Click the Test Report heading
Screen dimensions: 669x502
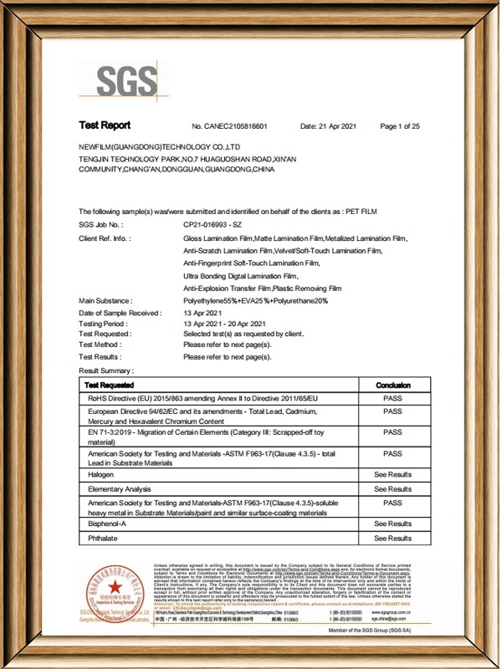click(x=105, y=125)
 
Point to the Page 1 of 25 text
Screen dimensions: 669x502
click(x=400, y=126)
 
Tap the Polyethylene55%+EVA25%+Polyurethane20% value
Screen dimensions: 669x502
click(x=249, y=299)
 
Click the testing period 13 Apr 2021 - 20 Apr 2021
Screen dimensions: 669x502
click(x=224, y=323)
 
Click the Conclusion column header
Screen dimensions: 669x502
click(x=392, y=385)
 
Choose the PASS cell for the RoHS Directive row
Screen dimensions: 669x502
click(x=392, y=399)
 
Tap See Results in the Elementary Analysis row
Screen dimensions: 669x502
click(x=392, y=489)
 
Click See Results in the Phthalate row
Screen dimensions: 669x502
click(x=392, y=539)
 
